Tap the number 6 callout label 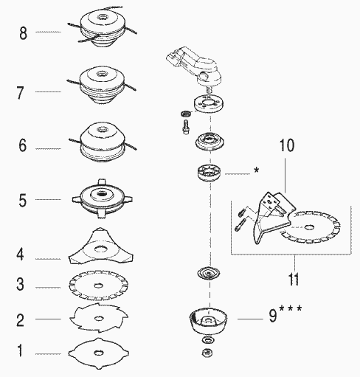tap(22, 147)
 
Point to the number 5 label tap(22, 199)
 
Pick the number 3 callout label tap(22, 286)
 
